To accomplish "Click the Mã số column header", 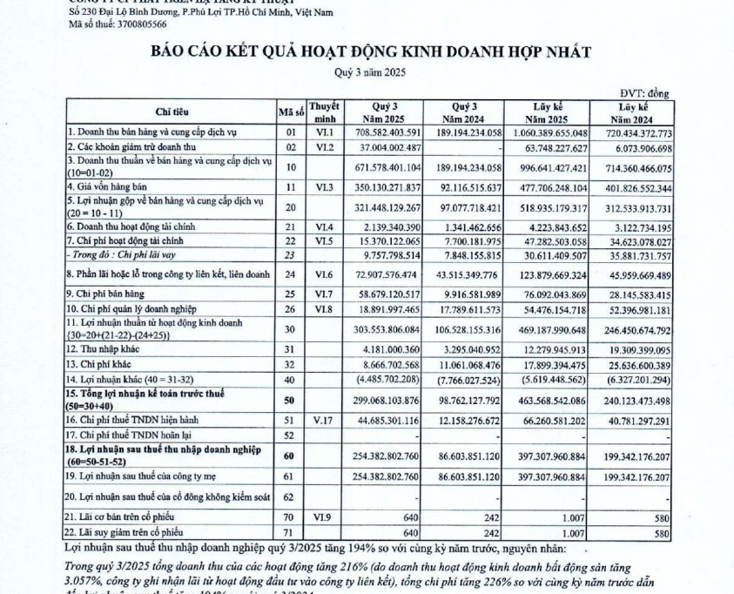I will [x=290, y=111].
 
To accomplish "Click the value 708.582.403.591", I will [x=384, y=132].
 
